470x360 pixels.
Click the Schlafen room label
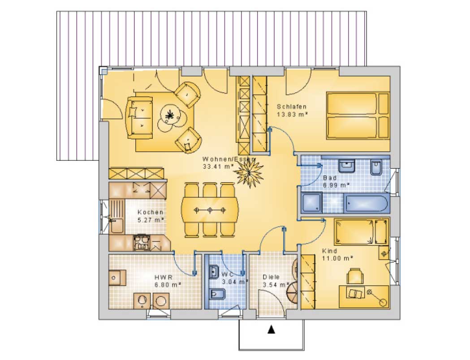(292, 106)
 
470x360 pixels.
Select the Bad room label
(330, 178)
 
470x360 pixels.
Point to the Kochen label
(151, 212)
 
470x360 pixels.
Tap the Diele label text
(271, 277)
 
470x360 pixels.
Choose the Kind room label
(329, 251)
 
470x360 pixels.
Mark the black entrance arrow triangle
(271, 330)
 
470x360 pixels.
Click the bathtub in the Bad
(367, 204)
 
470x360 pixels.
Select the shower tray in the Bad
(312, 202)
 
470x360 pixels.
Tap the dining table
(210, 210)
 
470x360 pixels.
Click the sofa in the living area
(140, 117)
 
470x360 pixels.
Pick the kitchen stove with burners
(141, 243)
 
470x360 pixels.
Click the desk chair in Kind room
(354, 276)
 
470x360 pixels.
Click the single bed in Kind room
(361, 231)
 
